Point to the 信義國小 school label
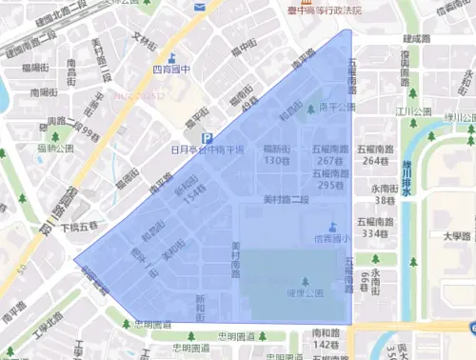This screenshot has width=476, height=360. coord(331,239)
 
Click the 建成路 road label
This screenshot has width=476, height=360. coord(417,39)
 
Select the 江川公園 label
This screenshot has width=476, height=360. coord(415,111)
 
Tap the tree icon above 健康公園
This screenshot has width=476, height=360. coord(305,280)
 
